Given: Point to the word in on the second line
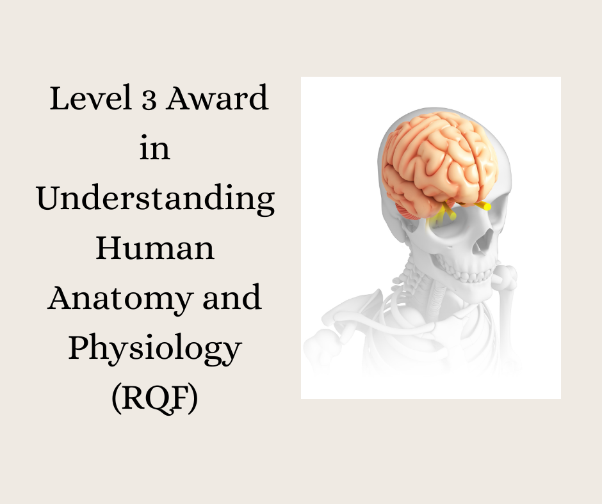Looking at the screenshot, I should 155,149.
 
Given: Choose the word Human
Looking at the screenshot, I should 155,248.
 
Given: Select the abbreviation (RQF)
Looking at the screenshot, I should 155,398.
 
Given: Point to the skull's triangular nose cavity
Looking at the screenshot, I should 485,241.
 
